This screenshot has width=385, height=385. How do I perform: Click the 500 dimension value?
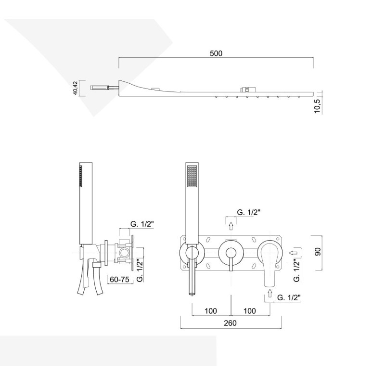[216, 53]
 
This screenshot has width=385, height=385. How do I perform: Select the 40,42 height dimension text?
[76, 88]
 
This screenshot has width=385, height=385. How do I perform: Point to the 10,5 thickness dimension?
[318, 106]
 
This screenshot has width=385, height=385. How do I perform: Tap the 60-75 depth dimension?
[119, 280]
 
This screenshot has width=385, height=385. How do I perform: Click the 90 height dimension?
[318, 252]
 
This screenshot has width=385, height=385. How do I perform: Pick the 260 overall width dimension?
[230, 323]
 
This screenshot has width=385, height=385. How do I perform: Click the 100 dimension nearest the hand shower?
[211, 311]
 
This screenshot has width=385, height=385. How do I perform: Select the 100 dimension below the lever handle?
[250, 311]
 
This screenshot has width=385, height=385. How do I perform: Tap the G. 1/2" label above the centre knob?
[248, 212]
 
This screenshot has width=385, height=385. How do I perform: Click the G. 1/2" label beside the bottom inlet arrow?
[289, 297]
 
